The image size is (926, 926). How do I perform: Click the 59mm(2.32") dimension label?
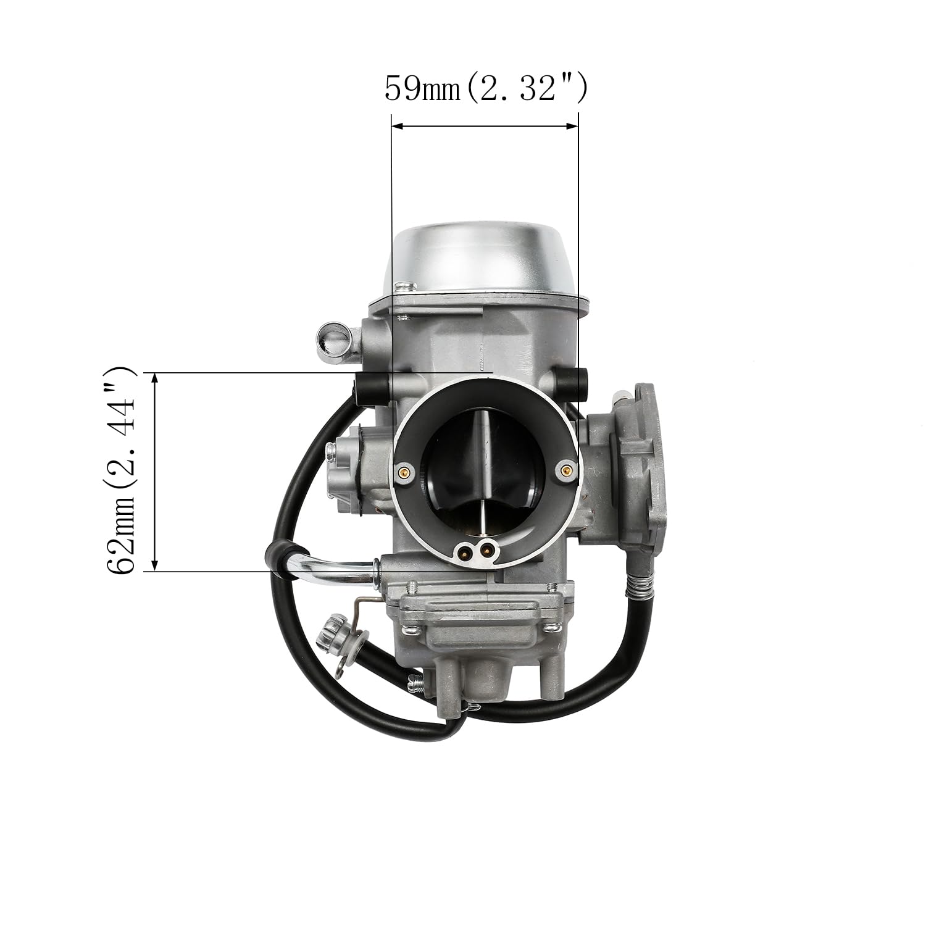pyautogui.click(x=485, y=90)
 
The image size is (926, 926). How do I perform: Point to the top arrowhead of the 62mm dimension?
pyautogui.click(x=155, y=378)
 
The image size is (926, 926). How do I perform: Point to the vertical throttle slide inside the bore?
pyautogui.click(x=482, y=469)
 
